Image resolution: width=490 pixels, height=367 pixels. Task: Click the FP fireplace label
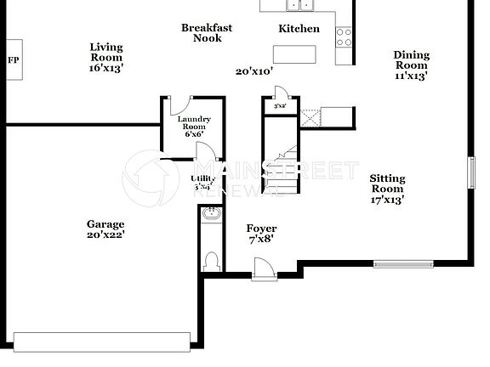(x=13, y=60)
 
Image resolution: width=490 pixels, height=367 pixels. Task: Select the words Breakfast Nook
(x=207, y=33)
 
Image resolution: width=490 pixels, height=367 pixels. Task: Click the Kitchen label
(x=299, y=29)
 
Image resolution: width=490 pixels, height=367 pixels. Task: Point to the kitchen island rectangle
(x=294, y=54)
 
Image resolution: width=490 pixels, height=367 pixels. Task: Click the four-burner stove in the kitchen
(x=345, y=37)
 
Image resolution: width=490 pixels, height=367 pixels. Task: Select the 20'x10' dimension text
(x=254, y=72)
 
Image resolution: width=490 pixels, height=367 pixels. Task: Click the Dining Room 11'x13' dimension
(x=411, y=76)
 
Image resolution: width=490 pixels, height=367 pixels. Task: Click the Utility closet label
(x=202, y=182)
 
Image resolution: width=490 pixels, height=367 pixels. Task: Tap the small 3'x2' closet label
(x=279, y=106)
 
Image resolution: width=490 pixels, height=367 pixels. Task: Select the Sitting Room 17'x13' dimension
(x=387, y=200)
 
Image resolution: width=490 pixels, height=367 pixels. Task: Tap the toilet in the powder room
(x=214, y=258)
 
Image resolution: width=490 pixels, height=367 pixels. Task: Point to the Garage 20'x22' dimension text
(x=105, y=235)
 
